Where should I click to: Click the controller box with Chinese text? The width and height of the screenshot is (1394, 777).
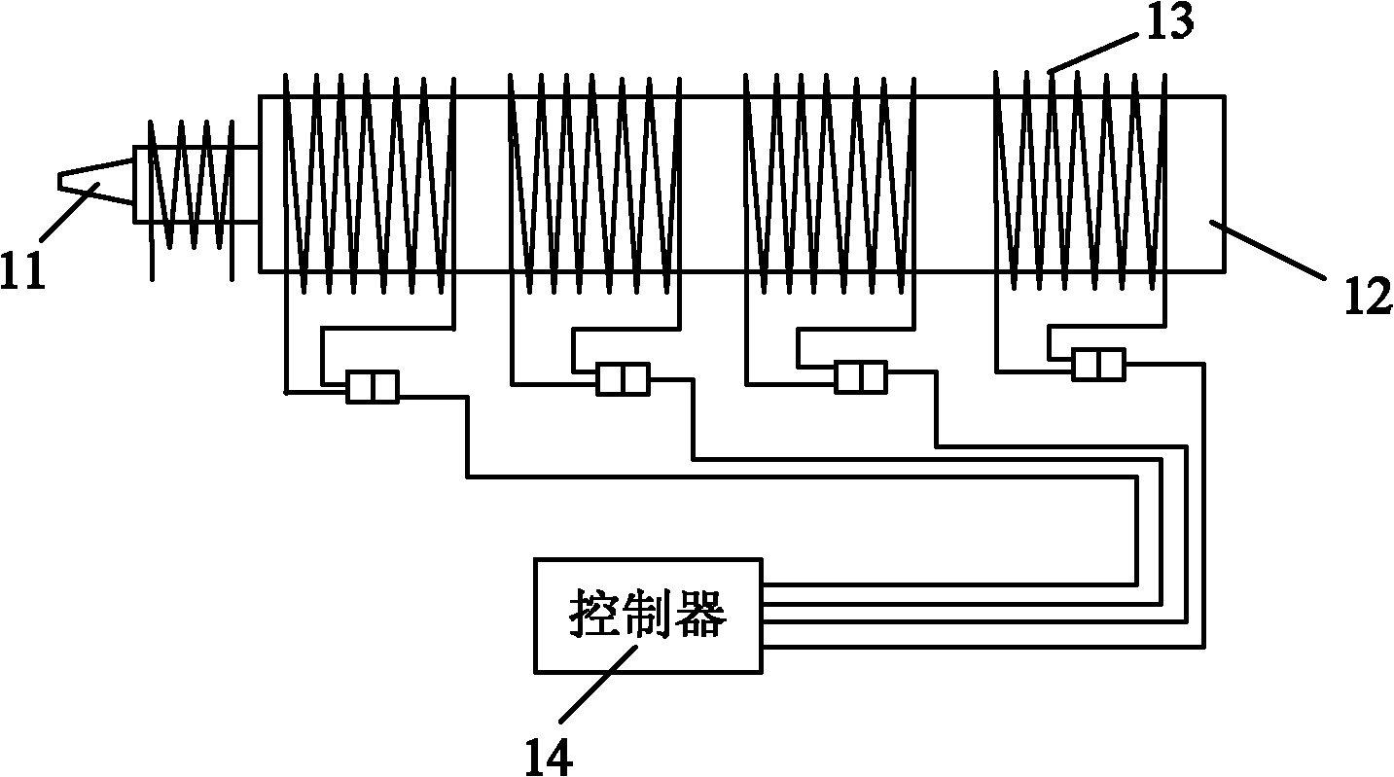pyautogui.click(x=648, y=615)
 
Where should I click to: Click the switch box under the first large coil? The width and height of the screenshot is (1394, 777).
pyautogui.click(x=373, y=386)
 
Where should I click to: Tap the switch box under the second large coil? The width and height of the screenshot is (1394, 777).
pyautogui.click(x=623, y=378)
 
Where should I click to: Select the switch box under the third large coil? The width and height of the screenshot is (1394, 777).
pyautogui.click(x=860, y=375)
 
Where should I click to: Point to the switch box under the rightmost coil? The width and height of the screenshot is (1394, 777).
pyautogui.click(x=1098, y=365)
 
